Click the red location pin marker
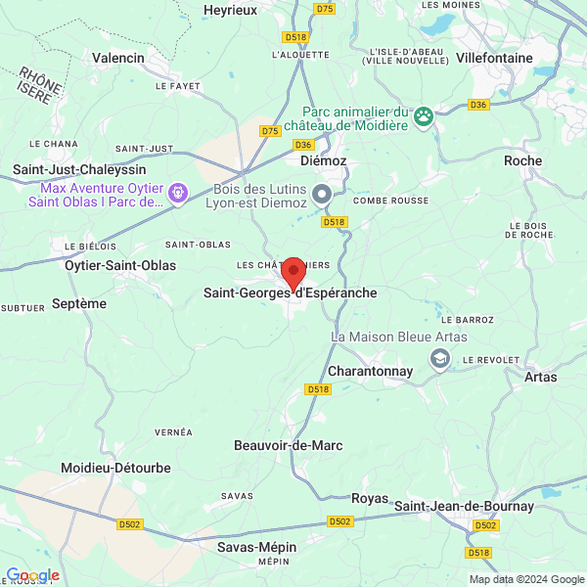[292, 273]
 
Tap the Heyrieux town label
[230, 10]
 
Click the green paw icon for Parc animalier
[423, 117]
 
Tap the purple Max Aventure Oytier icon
[177, 194]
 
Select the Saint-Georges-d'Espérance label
[290, 293]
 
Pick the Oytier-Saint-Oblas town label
[120, 265]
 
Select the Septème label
[78, 303]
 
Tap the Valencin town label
[117, 58]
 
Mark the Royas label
[370, 498]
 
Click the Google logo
[32, 575]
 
